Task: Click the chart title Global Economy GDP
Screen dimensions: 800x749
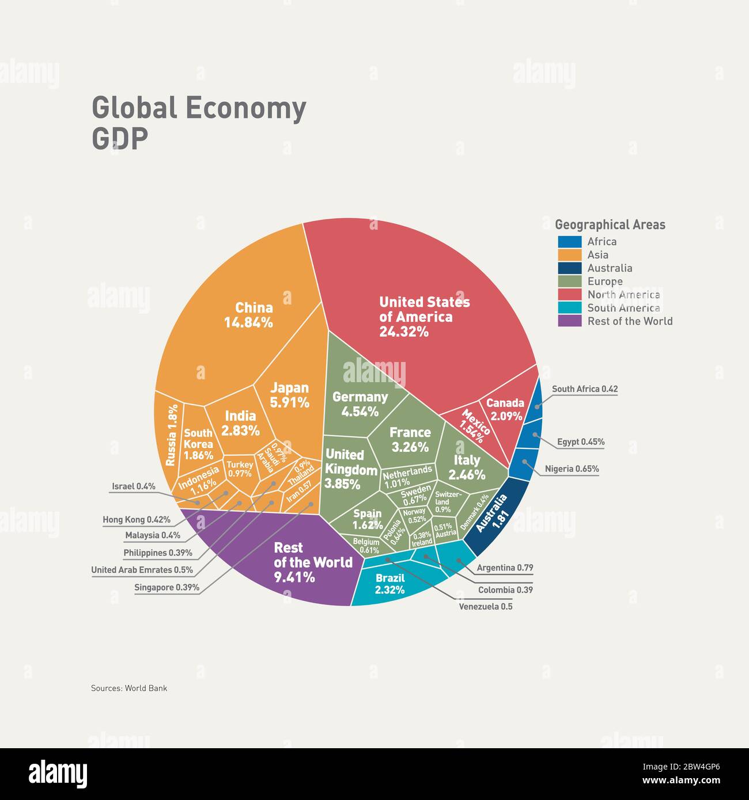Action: pyautogui.click(x=199, y=123)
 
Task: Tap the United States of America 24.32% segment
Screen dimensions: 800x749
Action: pyautogui.click(x=424, y=317)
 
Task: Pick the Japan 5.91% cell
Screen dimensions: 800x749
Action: pyautogui.click(x=290, y=395)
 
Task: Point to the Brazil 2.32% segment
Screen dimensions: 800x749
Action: pyautogui.click(x=390, y=584)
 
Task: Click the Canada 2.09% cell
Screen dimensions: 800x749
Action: pyautogui.click(x=505, y=409)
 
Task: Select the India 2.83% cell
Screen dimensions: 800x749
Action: pyautogui.click(x=240, y=423)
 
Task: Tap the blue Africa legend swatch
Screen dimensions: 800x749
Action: pyautogui.click(x=569, y=242)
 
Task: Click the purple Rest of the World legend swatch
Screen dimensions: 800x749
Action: pyautogui.click(x=569, y=321)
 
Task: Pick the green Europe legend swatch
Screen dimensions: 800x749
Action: pyautogui.click(x=569, y=281)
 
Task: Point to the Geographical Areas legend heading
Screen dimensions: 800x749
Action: pyautogui.click(x=610, y=225)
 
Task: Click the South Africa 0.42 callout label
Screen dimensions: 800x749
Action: pyautogui.click(x=584, y=389)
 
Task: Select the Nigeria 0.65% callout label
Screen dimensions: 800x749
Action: pyautogui.click(x=572, y=468)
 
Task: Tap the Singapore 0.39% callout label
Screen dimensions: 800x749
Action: pyautogui.click(x=167, y=588)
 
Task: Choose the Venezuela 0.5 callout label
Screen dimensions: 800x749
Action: pyautogui.click(x=485, y=607)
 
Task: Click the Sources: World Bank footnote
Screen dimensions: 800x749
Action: pyautogui.click(x=129, y=688)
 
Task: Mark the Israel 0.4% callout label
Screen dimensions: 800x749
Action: pyautogui.click(x=133, y=486)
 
